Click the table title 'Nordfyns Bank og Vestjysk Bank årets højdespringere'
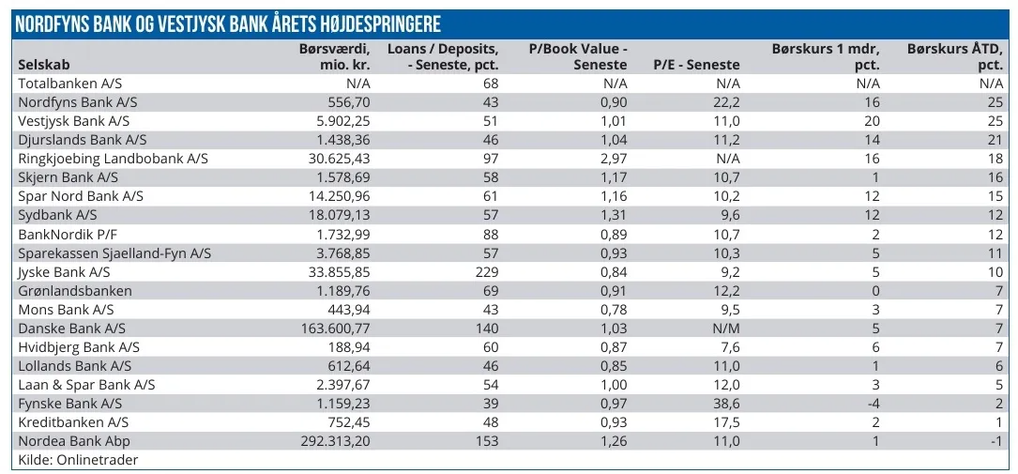pyautogui.click(x=227, y=23)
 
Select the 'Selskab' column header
pyautogui.click(x=44, y=65)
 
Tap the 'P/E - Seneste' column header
pyautogui.click(x=696, y=65)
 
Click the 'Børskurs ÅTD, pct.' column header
pyautogui.click(x=955, y=56)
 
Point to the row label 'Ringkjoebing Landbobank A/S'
pyautogui.click(x=113, y=159)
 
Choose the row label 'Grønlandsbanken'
pyautogui.click(x=75, y=291)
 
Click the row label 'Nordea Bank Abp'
pyautogui.click(x=76, y=441)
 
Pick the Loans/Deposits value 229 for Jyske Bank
pyautogui.click(x=485, y=272)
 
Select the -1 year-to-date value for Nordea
pyautogui.click(x=996, y=441)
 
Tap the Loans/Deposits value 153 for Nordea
pyautogui.click(x=485, y=441)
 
